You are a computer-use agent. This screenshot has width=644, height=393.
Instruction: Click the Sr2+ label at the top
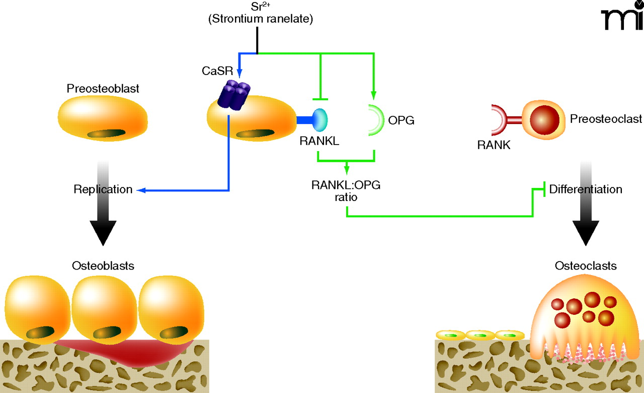point(257,7)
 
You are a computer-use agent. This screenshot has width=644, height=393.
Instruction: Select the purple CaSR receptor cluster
point(234,96)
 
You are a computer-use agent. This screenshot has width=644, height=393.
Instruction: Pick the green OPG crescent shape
point(376,120)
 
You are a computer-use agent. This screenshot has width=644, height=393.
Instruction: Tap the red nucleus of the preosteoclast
point(543,119)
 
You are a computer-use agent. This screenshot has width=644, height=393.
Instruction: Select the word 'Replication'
point(103,190)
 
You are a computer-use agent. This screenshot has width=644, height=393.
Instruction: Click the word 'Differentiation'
point(586,189)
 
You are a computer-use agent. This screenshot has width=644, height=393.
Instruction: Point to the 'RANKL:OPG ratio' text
point(346,191)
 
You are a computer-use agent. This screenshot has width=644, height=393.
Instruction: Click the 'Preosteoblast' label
point(103,89)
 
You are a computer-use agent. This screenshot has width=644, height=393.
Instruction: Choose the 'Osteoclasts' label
point(586,266)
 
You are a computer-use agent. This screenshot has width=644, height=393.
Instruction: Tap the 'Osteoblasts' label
point(103,266)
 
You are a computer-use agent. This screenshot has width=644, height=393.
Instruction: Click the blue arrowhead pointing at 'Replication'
point(141,190)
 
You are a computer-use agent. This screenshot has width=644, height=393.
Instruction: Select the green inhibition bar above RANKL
point(320,99)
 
